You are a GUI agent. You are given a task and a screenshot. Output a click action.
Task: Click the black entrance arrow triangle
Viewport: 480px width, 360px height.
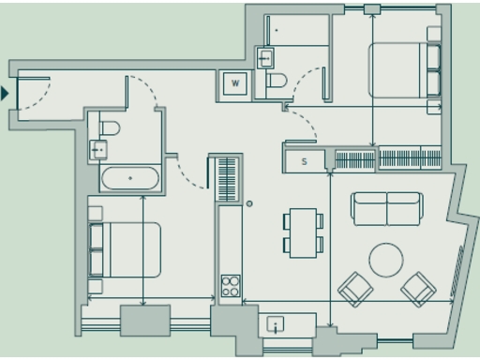click(x=6, y=93)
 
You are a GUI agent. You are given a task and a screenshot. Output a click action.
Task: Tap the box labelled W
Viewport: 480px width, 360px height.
click(x=235, y=83)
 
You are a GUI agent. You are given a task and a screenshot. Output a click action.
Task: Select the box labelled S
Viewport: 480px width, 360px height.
click(x=304, y=161)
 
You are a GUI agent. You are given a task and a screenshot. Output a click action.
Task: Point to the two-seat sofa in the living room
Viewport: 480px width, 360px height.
click(x=386, y=208)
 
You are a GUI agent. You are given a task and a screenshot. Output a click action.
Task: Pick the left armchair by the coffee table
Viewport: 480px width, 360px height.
click(x=354, y=289)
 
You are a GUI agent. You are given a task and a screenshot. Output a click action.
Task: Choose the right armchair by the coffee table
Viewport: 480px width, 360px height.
click(x=418, y=289)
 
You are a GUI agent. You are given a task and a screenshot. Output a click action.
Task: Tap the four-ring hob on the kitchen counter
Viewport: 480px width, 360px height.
click(x=231, y=286)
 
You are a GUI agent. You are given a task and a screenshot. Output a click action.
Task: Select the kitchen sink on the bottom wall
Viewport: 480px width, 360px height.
click(x=276, y=324)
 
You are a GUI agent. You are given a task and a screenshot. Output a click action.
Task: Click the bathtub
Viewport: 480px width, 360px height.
click(x=130, y=178)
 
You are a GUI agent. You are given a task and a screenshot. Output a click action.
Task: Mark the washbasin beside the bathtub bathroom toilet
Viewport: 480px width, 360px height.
click(x=98, y=148)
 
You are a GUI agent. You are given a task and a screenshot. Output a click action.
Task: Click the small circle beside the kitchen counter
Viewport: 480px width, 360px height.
click(x=249, y=203)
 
